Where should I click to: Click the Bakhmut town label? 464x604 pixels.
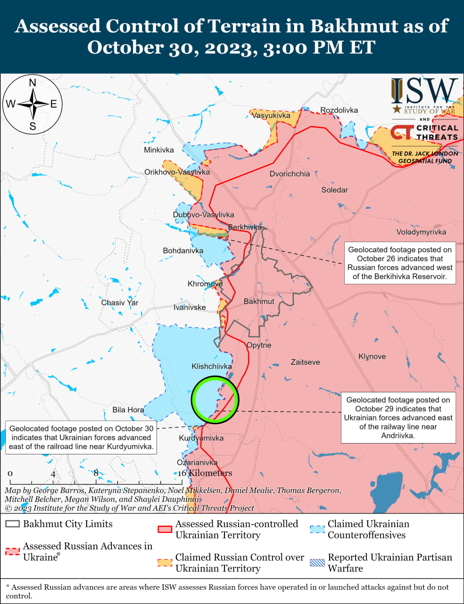pyautogui.click(x=259, y=302)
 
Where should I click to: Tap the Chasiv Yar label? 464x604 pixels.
pyautogui.click(x=120, y=302)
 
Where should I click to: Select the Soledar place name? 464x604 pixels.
pyautogui.click(x=335, y=190)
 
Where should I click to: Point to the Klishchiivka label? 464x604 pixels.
pyautogui.click(x=212, y=366)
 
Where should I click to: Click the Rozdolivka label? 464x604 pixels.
pyautogui.click(x=339, y=110)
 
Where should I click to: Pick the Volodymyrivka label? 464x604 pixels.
pyautogui.click(x=421, y=232)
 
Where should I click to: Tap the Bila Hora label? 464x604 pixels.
pyautogui.click(x=128, y=410)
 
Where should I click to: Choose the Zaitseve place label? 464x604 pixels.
pyautogui.click(x=306, y=362)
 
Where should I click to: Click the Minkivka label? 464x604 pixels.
pyautogui.click(x=159, y=150)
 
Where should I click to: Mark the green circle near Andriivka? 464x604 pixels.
pyautogui.click(x=215, y=400)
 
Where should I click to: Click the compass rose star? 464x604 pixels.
pyautogui.click(x=33, y=104)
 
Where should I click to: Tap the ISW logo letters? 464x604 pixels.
pyautogui.click(x=424, y=92)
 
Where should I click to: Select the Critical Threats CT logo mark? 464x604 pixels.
pyautogui.click(x=402, y=132)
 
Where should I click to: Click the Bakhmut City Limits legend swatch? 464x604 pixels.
pyautogui.click(x=13, y=524)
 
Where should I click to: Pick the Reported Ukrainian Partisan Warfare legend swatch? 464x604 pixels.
pyautogui.click(x=317, y=562)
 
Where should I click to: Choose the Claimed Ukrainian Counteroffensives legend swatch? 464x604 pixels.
pyautogui.click(x=317, y=529)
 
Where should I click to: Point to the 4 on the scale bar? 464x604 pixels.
pyautogui.click(x=53, y=474)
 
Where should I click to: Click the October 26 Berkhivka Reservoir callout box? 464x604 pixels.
pyautogui.click(x=400, y=263)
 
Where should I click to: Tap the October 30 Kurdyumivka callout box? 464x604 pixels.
pyautogui.click(x=81, y=437)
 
